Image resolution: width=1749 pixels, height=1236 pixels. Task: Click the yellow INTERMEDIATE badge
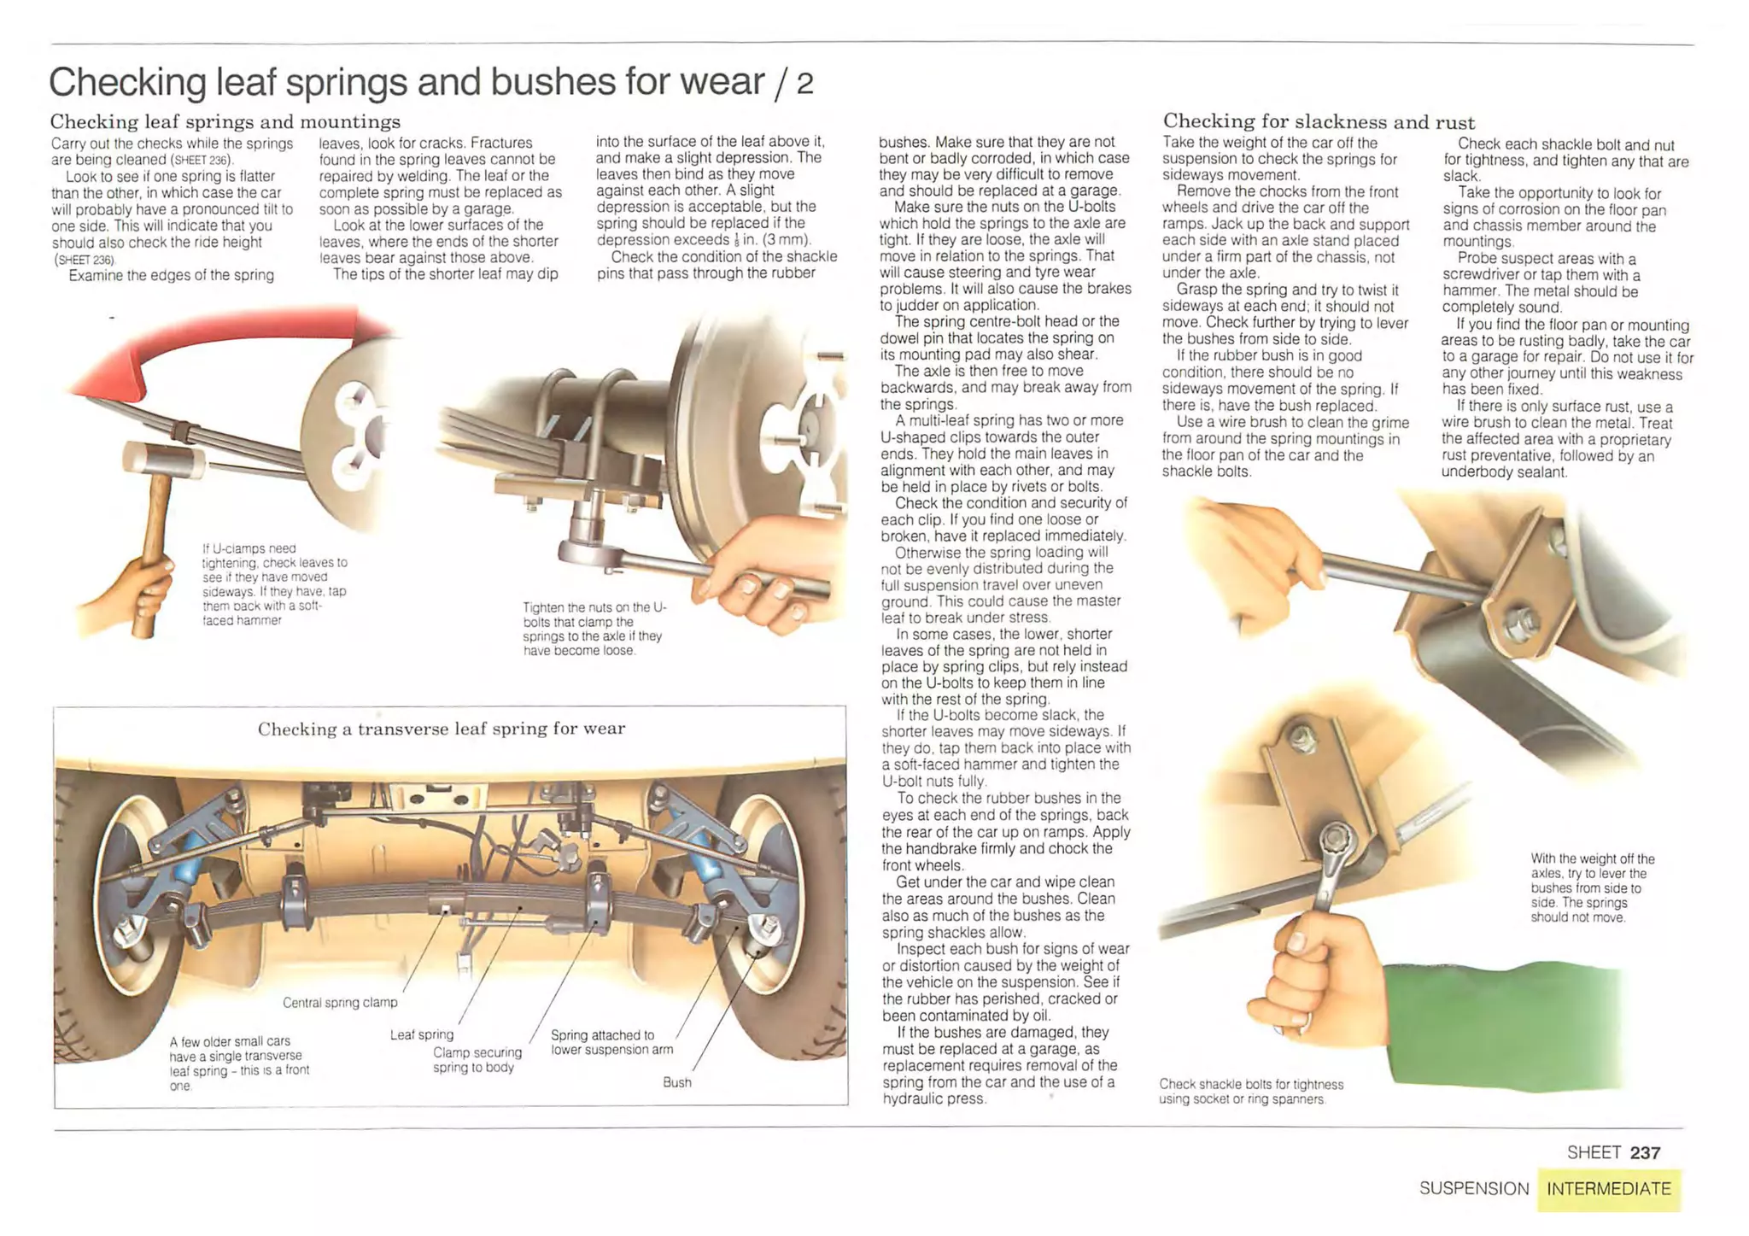[x=1608, y=1189]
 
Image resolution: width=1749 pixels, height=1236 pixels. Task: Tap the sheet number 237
[x=1644, y=1152]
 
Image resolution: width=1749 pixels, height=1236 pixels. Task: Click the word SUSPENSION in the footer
[x=1474, y=1189]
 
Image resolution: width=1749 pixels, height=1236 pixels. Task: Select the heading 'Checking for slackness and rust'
[x=1319, y=121]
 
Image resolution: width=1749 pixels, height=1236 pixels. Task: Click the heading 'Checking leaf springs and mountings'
[x=225, y=121]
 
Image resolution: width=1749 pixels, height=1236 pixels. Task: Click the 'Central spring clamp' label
[x=340, y=1003]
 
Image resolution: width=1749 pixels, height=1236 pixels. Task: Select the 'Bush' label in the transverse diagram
[x=676, y=1082]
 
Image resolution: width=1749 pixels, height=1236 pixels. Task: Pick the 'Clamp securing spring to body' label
[x=476, y=1060]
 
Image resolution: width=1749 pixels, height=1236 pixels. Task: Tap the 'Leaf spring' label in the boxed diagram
[x=421, y=1035]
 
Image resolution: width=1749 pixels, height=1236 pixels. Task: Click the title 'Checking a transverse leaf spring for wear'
[x=441, y=729]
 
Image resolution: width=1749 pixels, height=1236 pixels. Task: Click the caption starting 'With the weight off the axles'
[x=1591, y=887]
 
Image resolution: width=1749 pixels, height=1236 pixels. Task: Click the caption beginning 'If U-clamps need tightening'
[x=273, y=584]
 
